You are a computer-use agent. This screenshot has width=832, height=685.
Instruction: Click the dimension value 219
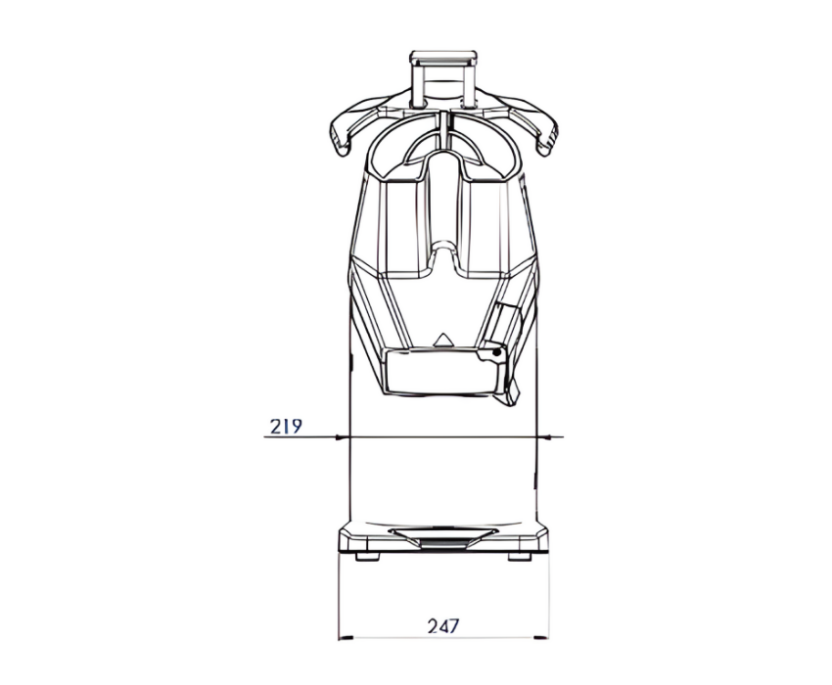[x=286, y=426]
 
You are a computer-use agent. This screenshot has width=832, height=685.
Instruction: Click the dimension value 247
[x=443, y=626]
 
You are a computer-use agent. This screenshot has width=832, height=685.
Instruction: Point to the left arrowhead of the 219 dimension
[x=343, y=437]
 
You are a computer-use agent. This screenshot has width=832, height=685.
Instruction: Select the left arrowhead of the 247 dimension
[x=346, y=637]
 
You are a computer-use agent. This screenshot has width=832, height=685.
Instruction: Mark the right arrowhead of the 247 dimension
[x=541, y=637]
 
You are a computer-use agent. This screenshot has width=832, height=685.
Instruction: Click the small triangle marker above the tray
[x=441, y=341]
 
